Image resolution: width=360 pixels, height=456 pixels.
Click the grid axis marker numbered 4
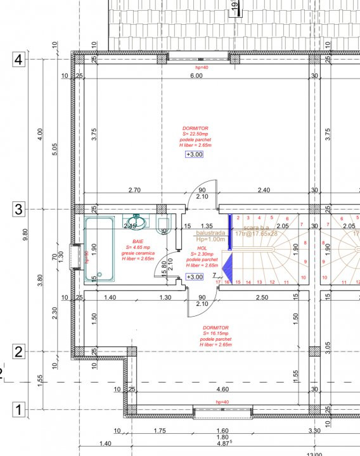coord(18,60)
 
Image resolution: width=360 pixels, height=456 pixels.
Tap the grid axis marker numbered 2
coord(18,352)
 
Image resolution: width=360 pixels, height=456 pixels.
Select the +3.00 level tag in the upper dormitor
coord(195,154)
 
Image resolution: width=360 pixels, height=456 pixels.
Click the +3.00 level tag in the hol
coord(195,277)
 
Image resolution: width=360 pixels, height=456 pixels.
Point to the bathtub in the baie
coord(100,249)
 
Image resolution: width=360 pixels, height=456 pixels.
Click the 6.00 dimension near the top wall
coord(196,76)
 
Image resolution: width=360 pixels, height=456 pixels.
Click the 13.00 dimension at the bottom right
coord(314,453)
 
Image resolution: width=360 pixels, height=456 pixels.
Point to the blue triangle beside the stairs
coord(229,265)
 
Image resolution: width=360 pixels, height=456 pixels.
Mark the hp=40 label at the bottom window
coord(221,402)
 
